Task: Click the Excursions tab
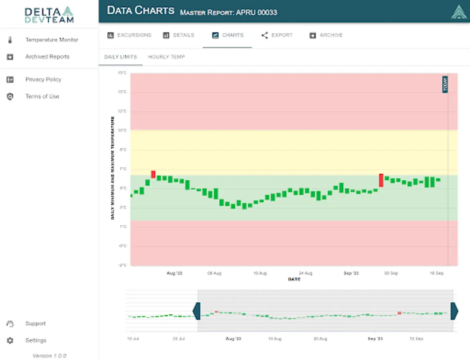(129, 35)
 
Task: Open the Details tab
(179, 35)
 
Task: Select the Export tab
(277, 35)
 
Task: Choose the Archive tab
(326, 35)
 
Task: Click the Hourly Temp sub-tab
(166, 57)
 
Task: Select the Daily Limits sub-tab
(120, 57)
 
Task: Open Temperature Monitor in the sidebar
(52, 40)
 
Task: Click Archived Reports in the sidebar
(47, 57)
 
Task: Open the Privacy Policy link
(43, 80)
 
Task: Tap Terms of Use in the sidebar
(42, 96)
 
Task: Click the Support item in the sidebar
(36, 324)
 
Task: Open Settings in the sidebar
(36, 340)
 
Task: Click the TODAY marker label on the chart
(445, 84)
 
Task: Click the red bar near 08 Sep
(381, 180)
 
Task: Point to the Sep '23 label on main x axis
(351, 273)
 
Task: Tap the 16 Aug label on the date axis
(260, 273)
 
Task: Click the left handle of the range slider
(196, 311)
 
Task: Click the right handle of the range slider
(454, 311)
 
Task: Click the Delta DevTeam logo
(49, 14)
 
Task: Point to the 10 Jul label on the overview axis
(133, 339)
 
